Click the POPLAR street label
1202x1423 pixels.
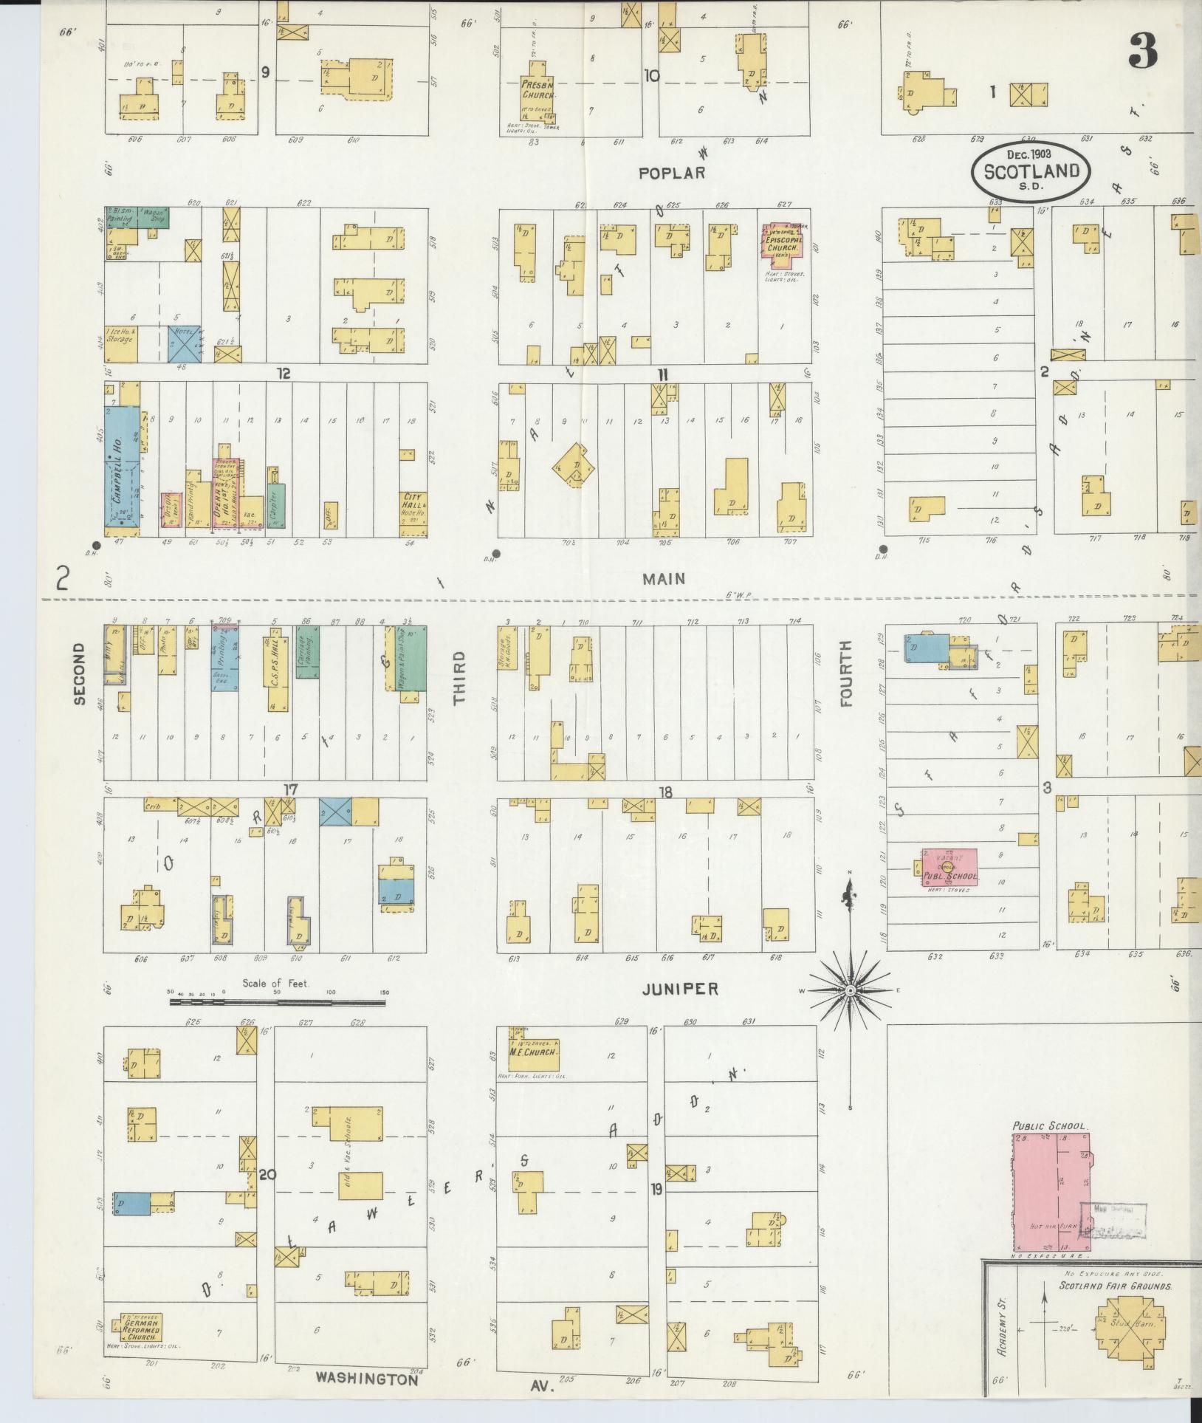[x=672, y=173]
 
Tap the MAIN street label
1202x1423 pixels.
[x=664, y=579]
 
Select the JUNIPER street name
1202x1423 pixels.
[x=679, y=989]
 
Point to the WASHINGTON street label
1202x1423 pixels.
[x=367, y=1378]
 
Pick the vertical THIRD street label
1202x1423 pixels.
[x=459, y=677]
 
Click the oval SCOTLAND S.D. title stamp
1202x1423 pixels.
[x=1031, y=171]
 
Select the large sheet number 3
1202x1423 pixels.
[x=1141, y=50]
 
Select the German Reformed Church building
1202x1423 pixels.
[x=137, y=1327]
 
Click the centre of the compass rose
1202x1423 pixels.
[x=850, y=990]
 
